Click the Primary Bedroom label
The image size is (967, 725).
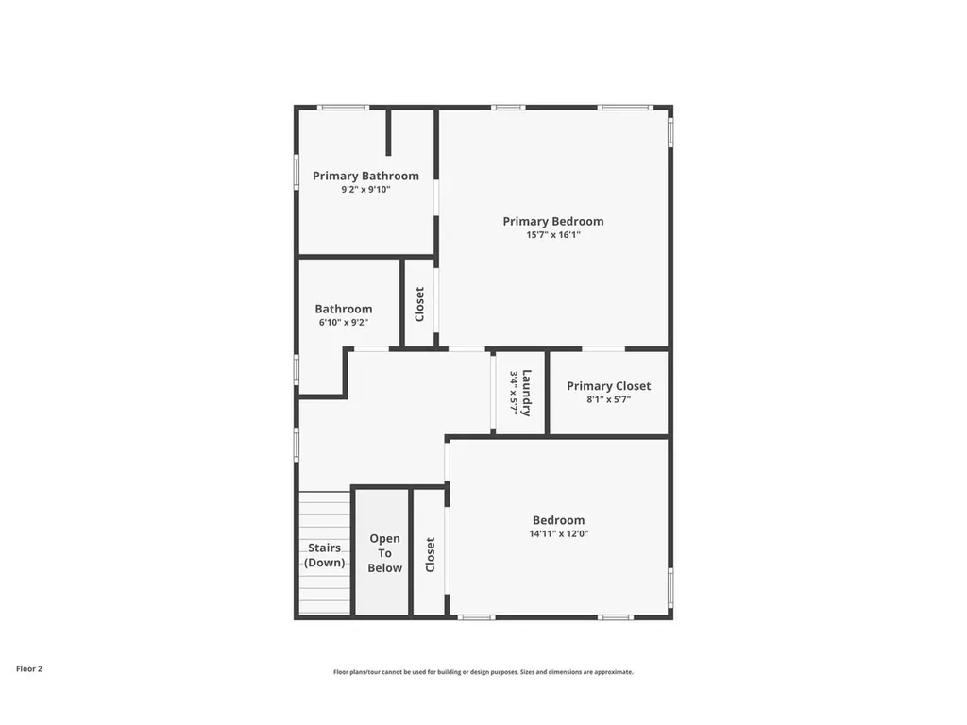[x=553, y=221]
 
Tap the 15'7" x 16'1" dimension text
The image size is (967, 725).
[x=553, y=235]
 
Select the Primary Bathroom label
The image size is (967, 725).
[x=365, y=177]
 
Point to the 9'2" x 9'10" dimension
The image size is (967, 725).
[x=365, y=190]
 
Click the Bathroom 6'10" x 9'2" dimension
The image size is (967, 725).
[x=344, y=323]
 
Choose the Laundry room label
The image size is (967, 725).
[x=526, y=394]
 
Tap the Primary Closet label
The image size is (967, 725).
[x=609, y=386]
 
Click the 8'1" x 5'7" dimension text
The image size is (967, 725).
[x=609, y=399]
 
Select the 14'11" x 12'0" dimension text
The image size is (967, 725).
[x=559, y=534]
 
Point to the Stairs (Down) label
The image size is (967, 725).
[x=325, y=555]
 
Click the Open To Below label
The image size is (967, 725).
[x=385, y=553]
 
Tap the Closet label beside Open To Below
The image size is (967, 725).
[x=431, y=554]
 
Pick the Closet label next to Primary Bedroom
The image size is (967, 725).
[x=419, y=304]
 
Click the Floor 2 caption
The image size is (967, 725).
[x=29, y=669]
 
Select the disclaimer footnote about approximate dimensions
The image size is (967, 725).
[x=483, y=672]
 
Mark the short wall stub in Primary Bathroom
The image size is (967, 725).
[x=388, y=132]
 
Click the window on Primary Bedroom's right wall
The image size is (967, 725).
[x=671, y=132]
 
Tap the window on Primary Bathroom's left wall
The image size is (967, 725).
[x=296, y=172]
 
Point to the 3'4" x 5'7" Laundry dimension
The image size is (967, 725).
[x=513, y=393]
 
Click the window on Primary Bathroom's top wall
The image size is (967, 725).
[x=344, y=108]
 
